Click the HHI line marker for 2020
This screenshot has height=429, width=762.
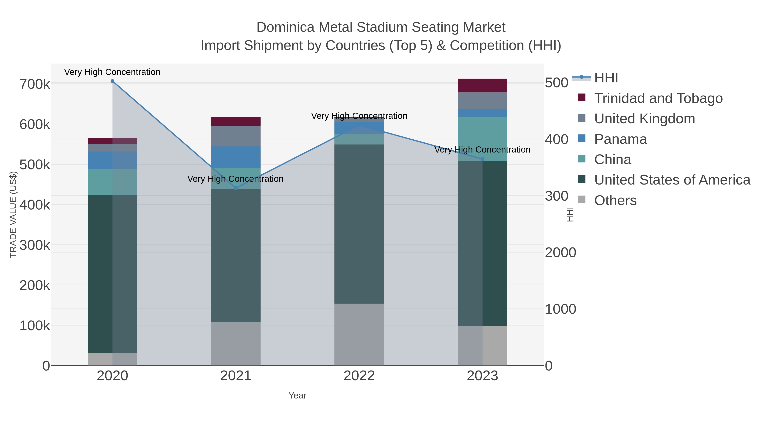112,81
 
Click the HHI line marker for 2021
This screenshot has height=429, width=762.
236,188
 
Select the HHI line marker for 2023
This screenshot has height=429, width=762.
482,159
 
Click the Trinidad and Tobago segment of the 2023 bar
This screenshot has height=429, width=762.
482,86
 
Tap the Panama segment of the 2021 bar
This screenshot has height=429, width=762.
236,157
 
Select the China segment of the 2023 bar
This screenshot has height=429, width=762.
482,139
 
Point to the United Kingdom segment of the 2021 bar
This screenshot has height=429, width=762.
236,136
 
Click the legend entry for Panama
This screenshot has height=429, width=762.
620,139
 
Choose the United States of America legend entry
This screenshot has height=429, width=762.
672,180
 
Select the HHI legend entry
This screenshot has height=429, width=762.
606,78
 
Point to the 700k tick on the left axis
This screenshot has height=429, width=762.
35,84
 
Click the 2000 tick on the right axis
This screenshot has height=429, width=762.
560,253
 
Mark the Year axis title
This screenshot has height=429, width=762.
297,396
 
